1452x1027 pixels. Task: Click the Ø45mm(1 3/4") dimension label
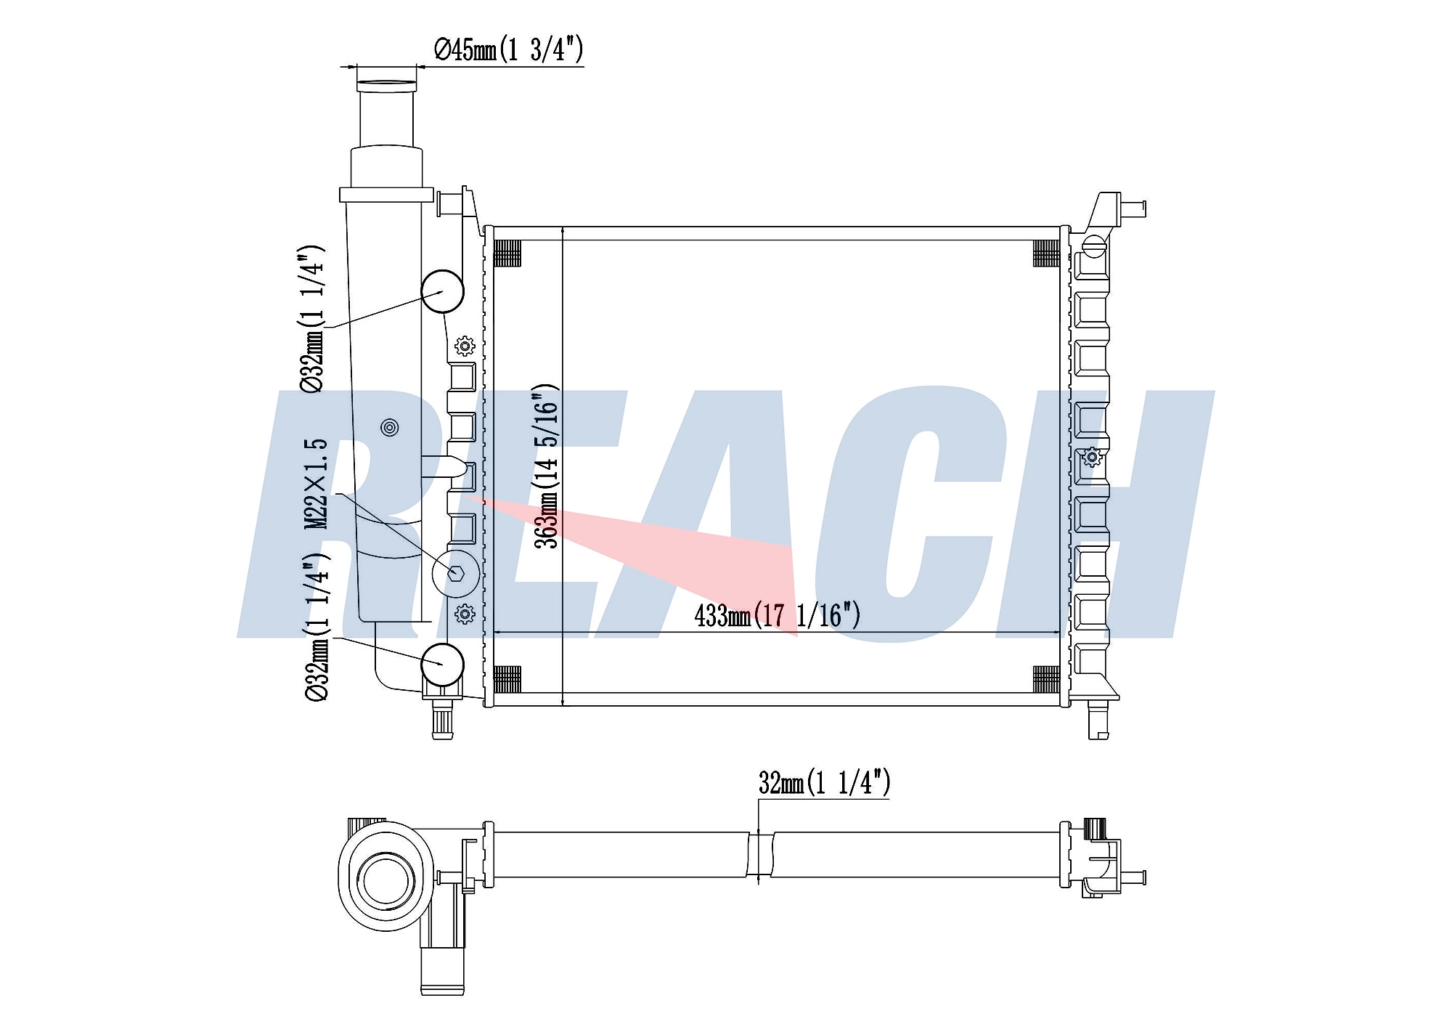click(508, 50)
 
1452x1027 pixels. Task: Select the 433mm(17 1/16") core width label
click(777, 616)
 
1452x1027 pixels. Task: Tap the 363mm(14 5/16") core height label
click(547, 466)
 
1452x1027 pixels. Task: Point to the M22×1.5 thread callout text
click(316, 484)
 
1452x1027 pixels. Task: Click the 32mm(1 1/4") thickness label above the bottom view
click(824, 782)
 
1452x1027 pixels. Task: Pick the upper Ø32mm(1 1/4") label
click(312, 320)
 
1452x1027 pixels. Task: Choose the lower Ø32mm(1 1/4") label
click(317, 628)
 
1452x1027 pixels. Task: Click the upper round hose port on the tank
click(442, 291)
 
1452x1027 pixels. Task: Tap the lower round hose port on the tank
click(442, 664)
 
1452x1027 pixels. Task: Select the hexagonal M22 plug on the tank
click(456, 574)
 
